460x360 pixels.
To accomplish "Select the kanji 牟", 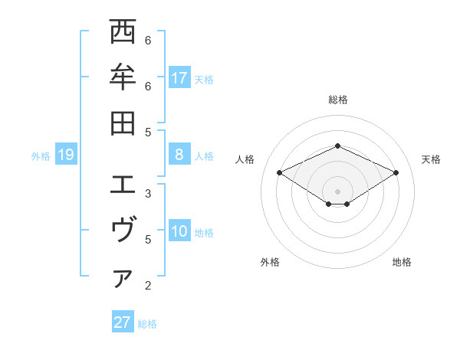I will coord(123,77).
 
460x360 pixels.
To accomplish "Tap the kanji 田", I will coord(123,123).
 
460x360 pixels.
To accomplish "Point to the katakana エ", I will coord(123,185).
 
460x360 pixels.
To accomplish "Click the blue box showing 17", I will coord(179,78).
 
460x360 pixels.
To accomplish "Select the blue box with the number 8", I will coord(179,155).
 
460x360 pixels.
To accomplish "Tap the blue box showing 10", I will coord(179,232).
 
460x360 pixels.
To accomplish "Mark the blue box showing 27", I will coord(123,322).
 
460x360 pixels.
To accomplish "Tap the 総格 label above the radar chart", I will coord(337,100).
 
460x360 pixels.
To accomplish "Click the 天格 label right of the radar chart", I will coord(432,159).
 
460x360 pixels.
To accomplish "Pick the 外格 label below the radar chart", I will coord(270,262).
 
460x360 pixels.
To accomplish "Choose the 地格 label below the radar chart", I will coord(402,262).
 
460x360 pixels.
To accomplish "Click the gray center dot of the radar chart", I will coord(337,191).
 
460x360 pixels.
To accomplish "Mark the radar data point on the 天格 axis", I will coord(396,172).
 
